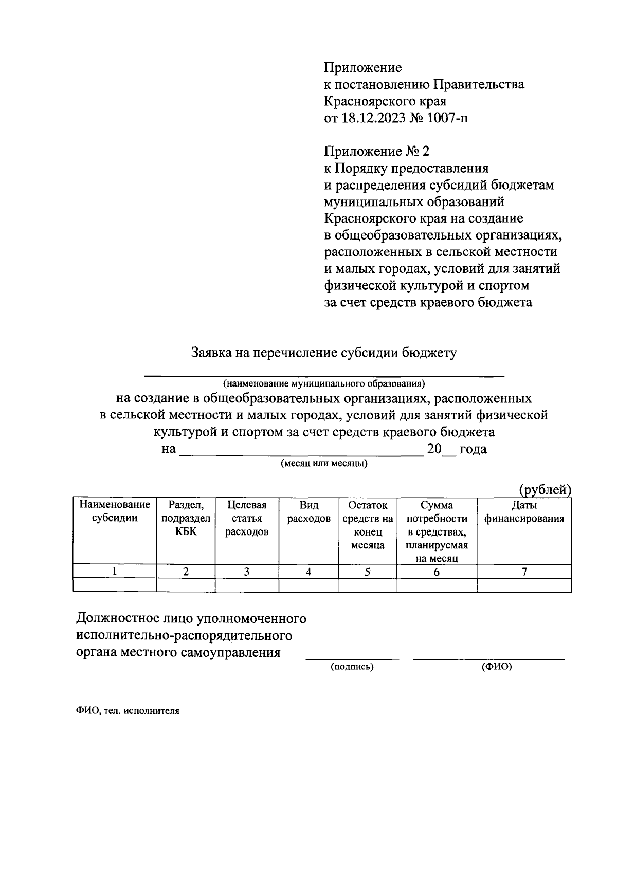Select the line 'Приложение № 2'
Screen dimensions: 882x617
pyautogui.click(x=376, y=152)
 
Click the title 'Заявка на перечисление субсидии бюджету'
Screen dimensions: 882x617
pyautogui.click(x=324, y=353)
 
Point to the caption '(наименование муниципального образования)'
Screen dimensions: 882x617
pyautogui.click(x=324, y=383)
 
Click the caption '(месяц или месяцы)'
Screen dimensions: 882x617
pyautogui.click(x=324, y=463)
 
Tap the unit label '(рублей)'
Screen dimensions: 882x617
pyautogui.click(x=545, y=490)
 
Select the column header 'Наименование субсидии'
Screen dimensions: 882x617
pyautogui.click(x=115, y=511)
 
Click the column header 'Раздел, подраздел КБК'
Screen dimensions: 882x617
pyautogui.click(x=186, y=518)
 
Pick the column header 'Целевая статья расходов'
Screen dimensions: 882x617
pyautogui.click(x=247, y=518)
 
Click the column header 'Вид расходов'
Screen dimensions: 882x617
pyautogui.click(x=308, y=511)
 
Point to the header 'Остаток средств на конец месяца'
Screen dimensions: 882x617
pyautogui.click(x=368, y=525)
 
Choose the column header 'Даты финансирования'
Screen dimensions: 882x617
pyautogui.click(x=524, y=511)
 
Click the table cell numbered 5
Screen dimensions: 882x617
pyautogui.click(x=368, y=572)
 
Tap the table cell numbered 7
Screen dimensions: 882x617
pyautogui.click(x=524, y=572)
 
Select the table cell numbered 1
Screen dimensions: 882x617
pyautogui.click(x=115, y=572)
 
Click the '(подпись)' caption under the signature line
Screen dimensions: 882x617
pyautogui.click(x=352, y=667)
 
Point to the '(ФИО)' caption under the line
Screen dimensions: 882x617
pyautogui.click(x=497, y=667)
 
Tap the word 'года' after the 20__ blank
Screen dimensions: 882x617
pyautogui.click(x=473, y=449)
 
